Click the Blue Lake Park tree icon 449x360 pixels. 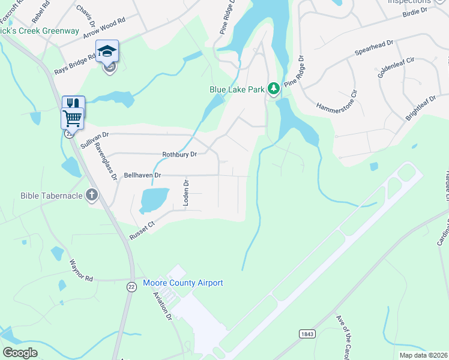pyautogui.click(x=274, y=89)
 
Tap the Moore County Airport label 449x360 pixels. pyautogui.click(x=183, y=283)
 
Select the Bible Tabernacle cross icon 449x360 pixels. pyautogui.click(x=91, y=195)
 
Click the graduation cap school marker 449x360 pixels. pyautogui.click(x=107, y=52)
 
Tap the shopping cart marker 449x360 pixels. pyautogui.click(x=72, y=118)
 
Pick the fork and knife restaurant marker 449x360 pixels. pyautogui.click(x=73, y=103)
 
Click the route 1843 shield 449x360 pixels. pyautogui.click(x=306, y=332)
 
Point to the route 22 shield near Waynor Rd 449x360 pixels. pyautogui.click(x=131, y=287)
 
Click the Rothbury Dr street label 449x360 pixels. pyautogui.click(x=179, y=155)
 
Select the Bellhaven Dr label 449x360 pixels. pyautogui.click(x=142, y=175)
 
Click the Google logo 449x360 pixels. pyautogui.click(x=20, y=352)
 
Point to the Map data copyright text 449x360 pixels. pyautogui.click(x=423, y=355)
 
